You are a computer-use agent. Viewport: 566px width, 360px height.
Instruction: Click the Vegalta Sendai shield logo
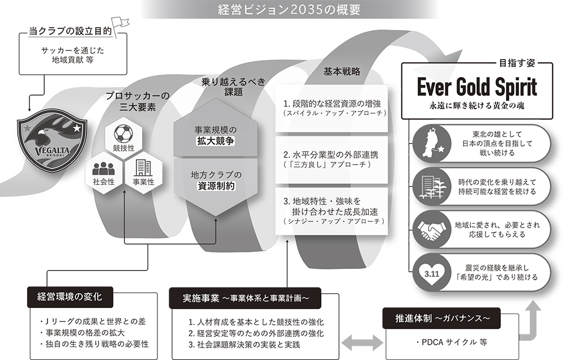point(51,142)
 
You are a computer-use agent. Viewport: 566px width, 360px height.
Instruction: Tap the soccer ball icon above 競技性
point(123,134)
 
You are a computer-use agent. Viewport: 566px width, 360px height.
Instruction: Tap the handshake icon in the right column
point(432,229)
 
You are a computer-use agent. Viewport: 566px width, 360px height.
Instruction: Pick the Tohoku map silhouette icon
point(432,143)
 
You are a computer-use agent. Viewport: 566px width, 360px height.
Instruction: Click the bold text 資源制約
point(213,185)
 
